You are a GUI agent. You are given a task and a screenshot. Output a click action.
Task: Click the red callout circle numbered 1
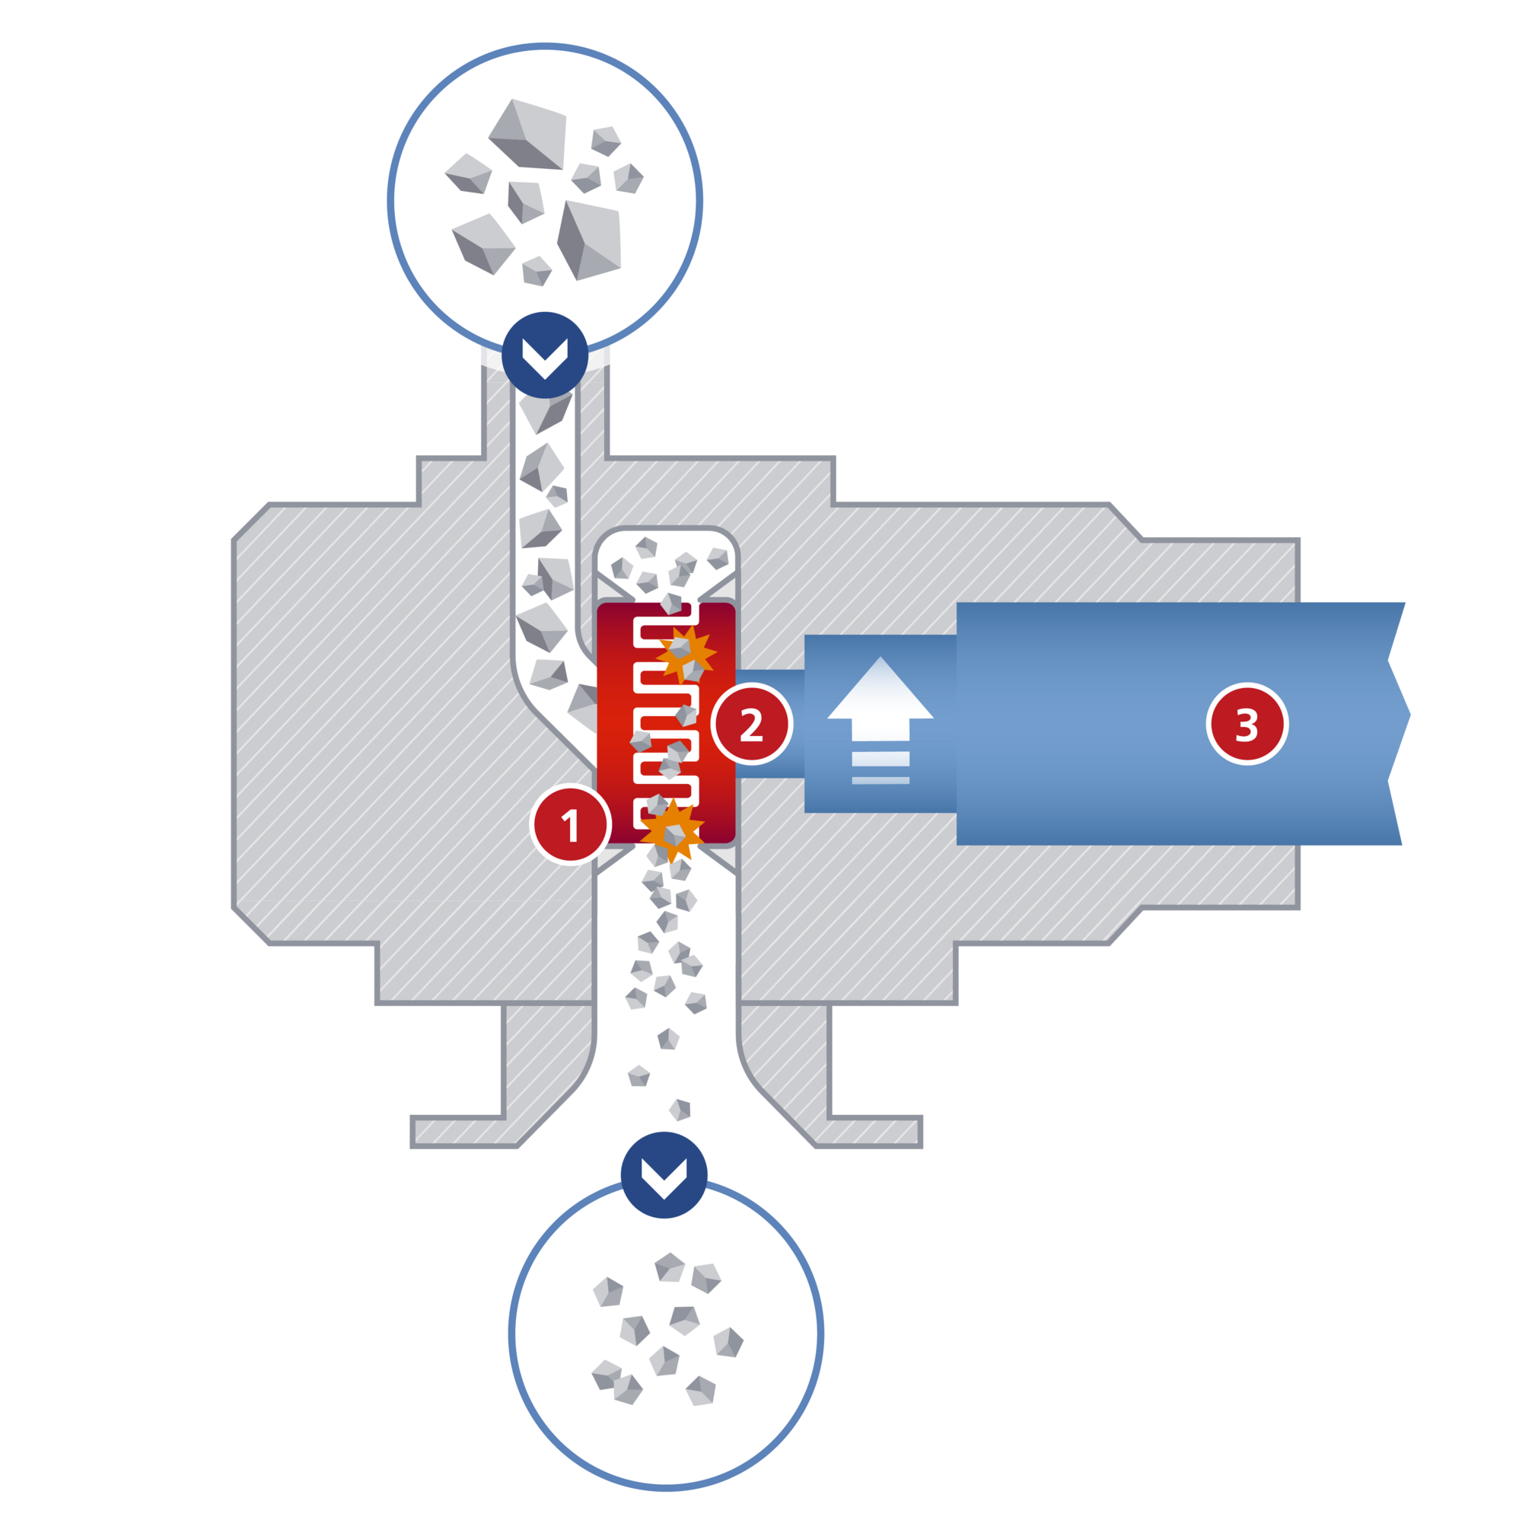[x=571, y=824]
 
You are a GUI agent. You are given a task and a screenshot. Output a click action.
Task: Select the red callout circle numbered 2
[x=752, y=724]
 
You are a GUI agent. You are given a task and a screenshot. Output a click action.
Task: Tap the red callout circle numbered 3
[x=1247, y=724]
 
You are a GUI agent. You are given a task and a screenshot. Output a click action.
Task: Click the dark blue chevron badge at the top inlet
[x=545, y=355]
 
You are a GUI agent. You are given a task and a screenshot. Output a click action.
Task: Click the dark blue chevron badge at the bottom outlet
[x=664, y=1175]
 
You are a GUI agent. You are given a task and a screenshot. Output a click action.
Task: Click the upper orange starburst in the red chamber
[x=685, y=655]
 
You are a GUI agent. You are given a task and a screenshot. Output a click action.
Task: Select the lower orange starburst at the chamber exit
[x=671, y=830]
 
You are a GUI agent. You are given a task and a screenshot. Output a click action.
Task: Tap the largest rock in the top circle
[x=527, y=134]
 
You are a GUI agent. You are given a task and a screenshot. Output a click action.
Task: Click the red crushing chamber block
[x=666, y=723]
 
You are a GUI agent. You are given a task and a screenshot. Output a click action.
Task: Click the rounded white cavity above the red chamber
[x=666, y=561]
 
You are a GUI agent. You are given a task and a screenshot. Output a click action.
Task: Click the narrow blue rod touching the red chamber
[x=770, y=724]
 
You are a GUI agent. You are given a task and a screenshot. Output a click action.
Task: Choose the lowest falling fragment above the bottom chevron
[x=680, y=1110]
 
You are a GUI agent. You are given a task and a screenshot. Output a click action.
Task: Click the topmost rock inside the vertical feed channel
[x=546, y=413]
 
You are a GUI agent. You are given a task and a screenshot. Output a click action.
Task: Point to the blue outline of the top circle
[x=545, y=46]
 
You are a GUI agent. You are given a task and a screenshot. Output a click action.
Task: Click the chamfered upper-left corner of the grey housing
[x=251, y=522]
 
